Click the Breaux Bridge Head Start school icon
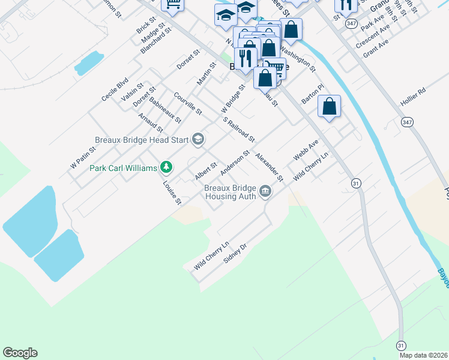pyautogui.click(x=197, y=140)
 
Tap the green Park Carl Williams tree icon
pyautogui.click(x=167, y=167)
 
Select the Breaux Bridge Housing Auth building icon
pyautogui.click(x=265, y=192)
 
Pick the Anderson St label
pyautogui.click(x=235, y=162)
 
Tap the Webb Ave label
pyautogui.click(x=305, y=149)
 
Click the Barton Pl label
pyautogui.click(x=313, y=94)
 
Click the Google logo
pyautogui.click(x=20, y=353)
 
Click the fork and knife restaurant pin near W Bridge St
pyautogui.click(x=246, y=58)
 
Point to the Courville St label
pyautogui.click(x=187, y=103)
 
